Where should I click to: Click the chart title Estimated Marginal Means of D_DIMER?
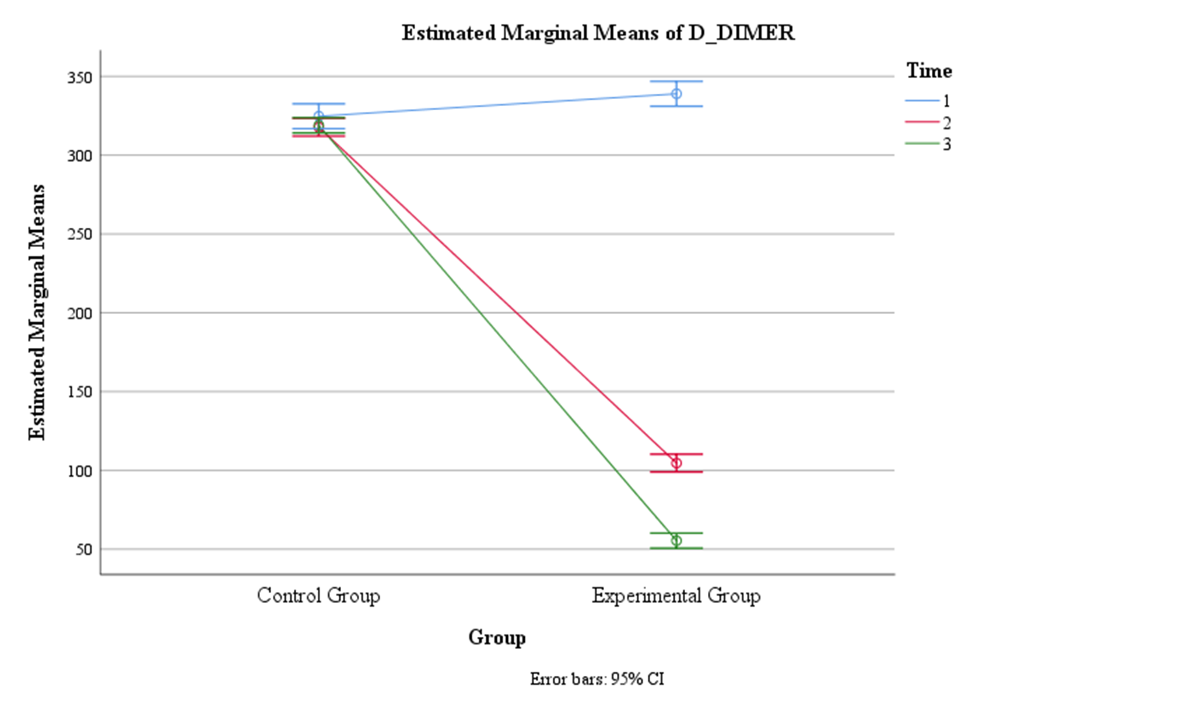click(x=598, y=33)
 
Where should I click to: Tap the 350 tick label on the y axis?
click(x=79, y=77)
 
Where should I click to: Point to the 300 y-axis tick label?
click(x=79, y=156)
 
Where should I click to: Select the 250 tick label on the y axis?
click(x=79, y=234)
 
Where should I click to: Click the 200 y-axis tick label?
click(x=79, y=313)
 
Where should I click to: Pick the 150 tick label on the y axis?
click(x=79, y=392)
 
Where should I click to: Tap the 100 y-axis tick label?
click(x=79, y=471)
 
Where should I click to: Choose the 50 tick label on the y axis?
click(x=83, y=550)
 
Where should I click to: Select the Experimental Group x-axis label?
click(x=676, y=596)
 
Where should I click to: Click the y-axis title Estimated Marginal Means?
click(x=37, y=313)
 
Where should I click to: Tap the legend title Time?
click(x=929, y=71)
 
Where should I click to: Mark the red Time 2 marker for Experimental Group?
click(x=676, y=463)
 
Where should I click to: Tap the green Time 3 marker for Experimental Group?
click(x=676, y=541)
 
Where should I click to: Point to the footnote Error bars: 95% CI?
click(x=597, y=679)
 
